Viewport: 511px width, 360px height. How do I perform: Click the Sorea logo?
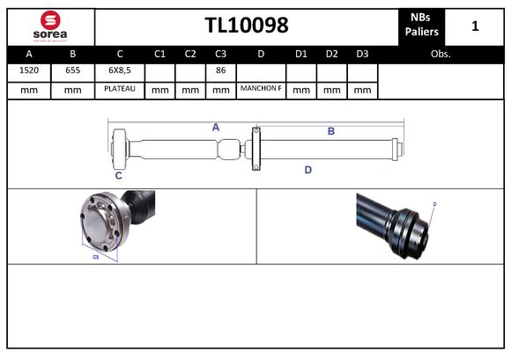click(x=49, y=25)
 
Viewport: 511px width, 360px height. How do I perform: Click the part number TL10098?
click(x=247, y=26)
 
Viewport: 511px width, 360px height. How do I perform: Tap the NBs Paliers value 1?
click(x=475, y=26)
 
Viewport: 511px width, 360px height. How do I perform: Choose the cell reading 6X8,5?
click(x=120, y=71)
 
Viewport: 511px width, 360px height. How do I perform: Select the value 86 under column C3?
click(x=220, y=71)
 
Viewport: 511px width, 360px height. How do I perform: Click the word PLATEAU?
click(x=120, y=89)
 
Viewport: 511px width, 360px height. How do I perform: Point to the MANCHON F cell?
click(x=261, y=89)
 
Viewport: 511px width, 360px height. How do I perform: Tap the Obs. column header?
click(x=440, y=54)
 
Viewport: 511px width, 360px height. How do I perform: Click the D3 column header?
click(x=362, y=54)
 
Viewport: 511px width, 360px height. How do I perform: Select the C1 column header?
click(x=159, y=54)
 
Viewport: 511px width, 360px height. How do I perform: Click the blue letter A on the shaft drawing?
click(x=215, y=128)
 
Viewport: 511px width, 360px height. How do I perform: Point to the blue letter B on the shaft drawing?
click(x=331, y=131)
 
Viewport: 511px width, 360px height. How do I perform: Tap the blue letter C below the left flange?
click(x=119, y=175)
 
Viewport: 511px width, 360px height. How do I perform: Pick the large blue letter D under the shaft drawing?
click(x=308, y=169)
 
